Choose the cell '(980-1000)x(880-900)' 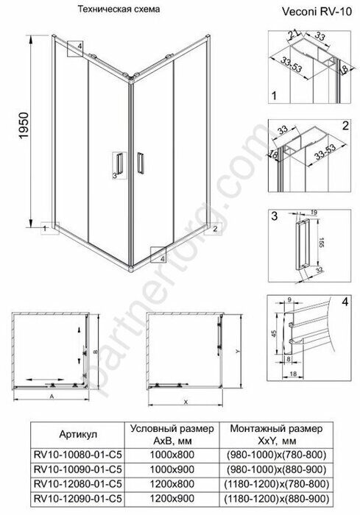tap(273, 468)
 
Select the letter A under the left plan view tap(52, 394)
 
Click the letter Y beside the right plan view tap(237, 352)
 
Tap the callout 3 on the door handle tap(114, 176)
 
